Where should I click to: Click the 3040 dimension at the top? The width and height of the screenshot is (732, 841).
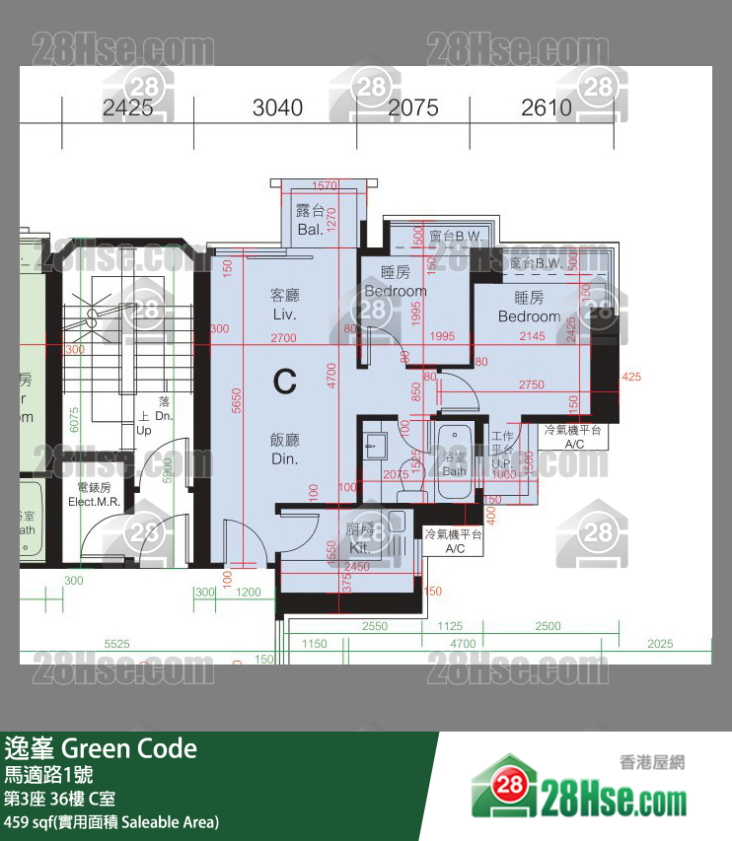(277, 107)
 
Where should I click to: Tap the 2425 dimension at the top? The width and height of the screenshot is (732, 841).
(127, 107)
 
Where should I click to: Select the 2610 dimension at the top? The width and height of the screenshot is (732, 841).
(547, 107)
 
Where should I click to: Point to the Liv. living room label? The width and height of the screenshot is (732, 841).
(284, 314)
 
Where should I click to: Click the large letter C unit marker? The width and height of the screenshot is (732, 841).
(285, 382)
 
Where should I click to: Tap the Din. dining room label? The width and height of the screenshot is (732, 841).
(284, 458)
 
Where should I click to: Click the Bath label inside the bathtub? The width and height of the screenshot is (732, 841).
(454, 470)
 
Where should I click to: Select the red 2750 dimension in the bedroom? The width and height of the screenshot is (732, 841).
(531, 385)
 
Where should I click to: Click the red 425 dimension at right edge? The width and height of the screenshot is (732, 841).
(631, 376)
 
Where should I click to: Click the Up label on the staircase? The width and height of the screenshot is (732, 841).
(144, 430)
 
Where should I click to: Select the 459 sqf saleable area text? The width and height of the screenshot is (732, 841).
(110, 820)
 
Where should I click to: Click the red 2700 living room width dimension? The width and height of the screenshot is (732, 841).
(282, 338)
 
